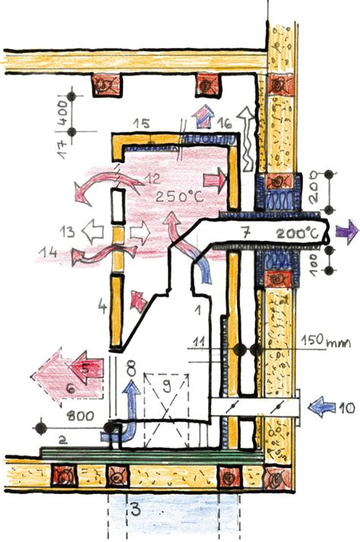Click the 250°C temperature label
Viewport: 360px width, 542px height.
[x=180, y=196]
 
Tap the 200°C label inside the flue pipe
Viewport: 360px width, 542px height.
[x=298, y=234]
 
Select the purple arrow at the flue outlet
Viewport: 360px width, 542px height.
[x=347, y=232]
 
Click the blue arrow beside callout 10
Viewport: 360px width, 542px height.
[x=322, y=407]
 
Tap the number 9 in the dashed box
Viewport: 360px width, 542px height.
[x=167, y=386]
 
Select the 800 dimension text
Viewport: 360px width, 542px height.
[x=81, y=416]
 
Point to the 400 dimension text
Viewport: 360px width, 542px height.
[x=63, y=113]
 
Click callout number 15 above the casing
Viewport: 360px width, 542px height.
[x=142, y=123]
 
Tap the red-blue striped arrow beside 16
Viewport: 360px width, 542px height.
[x=204, y=117]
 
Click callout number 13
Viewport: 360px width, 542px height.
[x=67, y=232]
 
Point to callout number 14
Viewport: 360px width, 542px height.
[x=48, y=252]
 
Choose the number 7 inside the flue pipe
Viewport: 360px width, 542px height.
[x=245, y=233]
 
